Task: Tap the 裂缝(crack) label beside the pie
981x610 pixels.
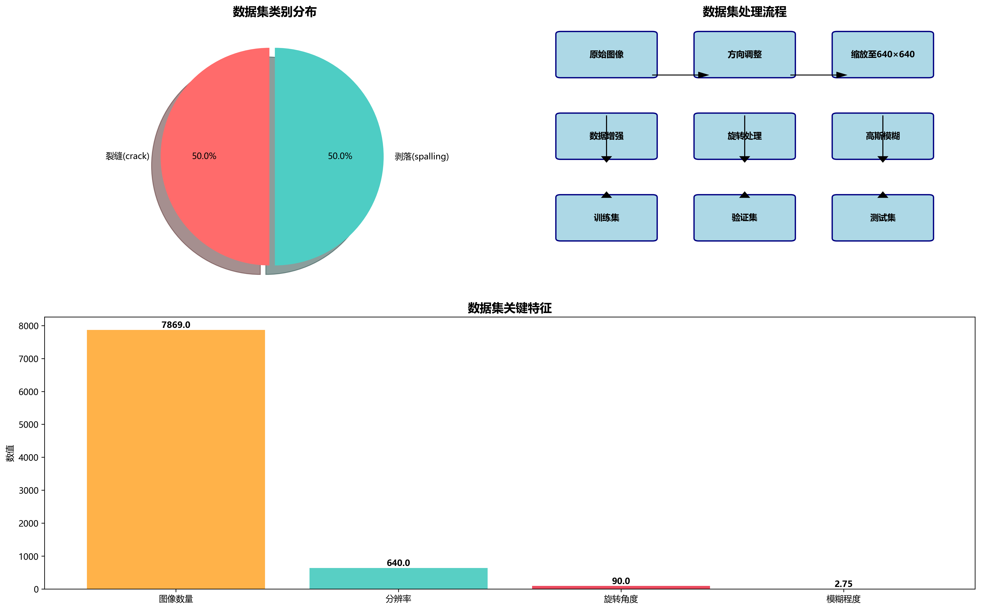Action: (x=127, y=156)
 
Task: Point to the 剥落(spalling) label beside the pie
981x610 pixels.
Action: (x=422, y=157)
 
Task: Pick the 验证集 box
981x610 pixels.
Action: (x=744, y=218)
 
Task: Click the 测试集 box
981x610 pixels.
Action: (x=883, y=218)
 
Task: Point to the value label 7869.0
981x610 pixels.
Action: (x=176, y=325)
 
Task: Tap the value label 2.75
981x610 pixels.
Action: (x=843, y=584)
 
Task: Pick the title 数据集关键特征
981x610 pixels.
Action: (x=509, y=308)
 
